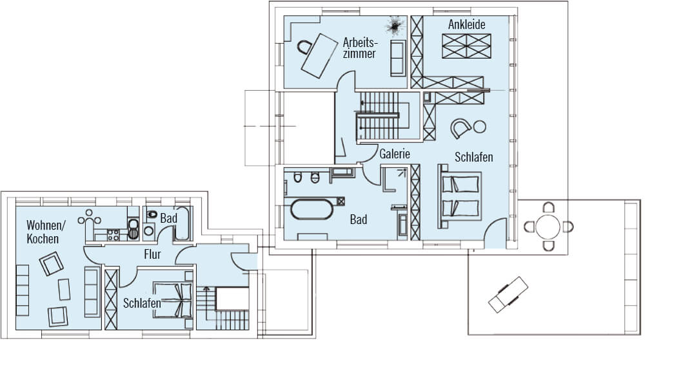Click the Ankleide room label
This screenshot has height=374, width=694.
tap(466, 24)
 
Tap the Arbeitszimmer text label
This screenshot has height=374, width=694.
tap(360, 48)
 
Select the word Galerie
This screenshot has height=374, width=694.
tap(395, 154)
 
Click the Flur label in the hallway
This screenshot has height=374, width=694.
tap(152, 254)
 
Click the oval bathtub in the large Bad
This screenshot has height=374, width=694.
tap(312, 209)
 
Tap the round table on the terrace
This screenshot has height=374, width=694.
tap(548, 227)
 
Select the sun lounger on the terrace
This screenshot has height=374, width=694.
tap(508, 295)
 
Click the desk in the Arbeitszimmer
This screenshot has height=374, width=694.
tap(319, 56)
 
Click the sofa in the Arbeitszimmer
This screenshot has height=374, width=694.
tap(398, 58)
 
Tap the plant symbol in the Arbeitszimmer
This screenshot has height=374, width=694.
tap(394, 26)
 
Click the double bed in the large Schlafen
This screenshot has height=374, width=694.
tap(460, 196)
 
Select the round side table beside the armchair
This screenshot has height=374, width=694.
tap(479, 127)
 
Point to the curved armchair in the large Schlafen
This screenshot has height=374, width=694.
tap(461, 129)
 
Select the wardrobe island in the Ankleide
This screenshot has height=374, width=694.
tap(466, 46)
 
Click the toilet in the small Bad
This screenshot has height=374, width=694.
tap(152, 214)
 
